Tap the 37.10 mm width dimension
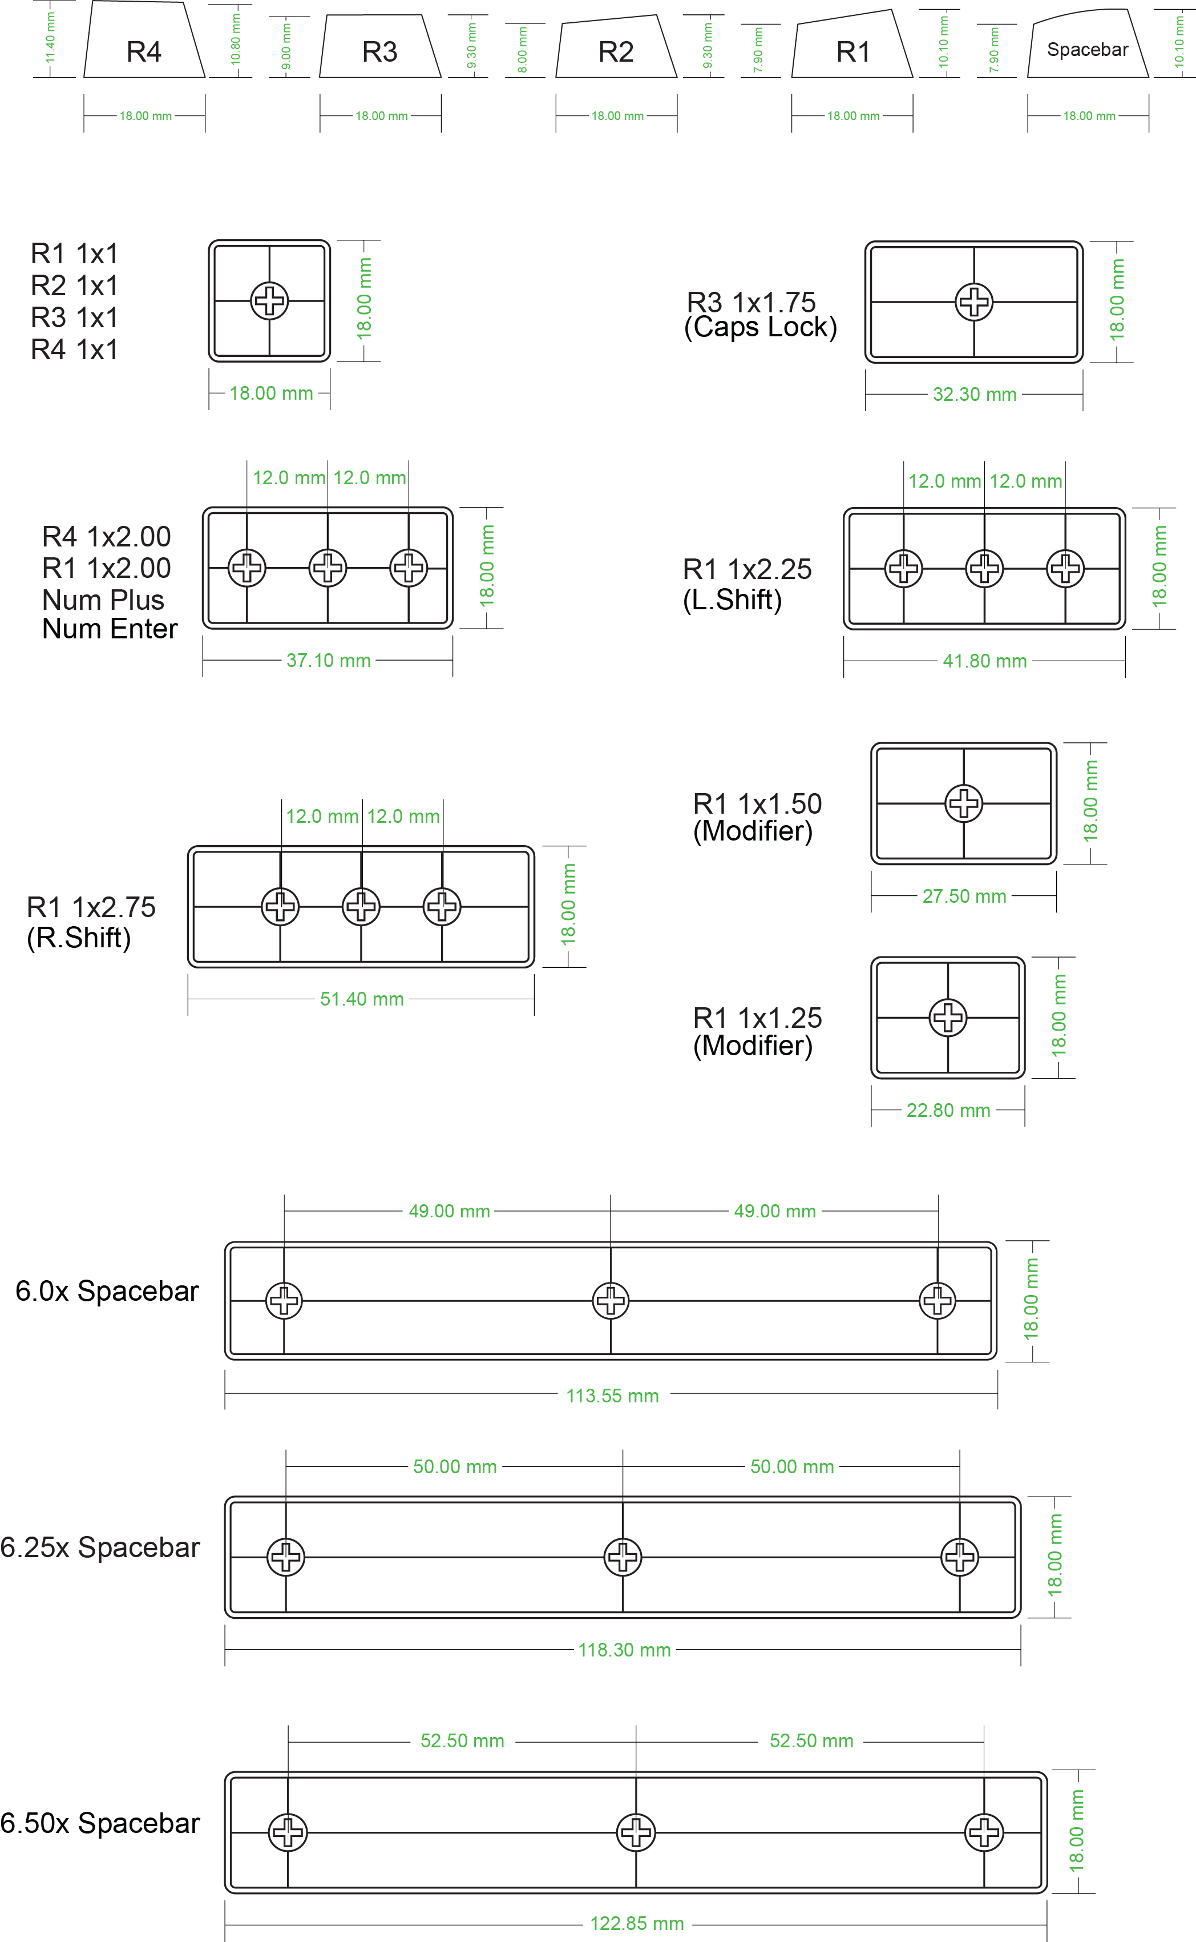point(328,660)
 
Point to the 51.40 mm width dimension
point(362,999)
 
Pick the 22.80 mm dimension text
point(948,1110)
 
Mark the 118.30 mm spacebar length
point(624,1650)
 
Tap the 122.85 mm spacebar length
point(637,1924)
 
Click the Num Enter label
point(110,629)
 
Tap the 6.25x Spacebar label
point(100,1547)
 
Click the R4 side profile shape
point(144,43)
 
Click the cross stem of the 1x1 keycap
point(269,301)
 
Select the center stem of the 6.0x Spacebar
point(611,1300)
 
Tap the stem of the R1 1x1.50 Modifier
point(963,803)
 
